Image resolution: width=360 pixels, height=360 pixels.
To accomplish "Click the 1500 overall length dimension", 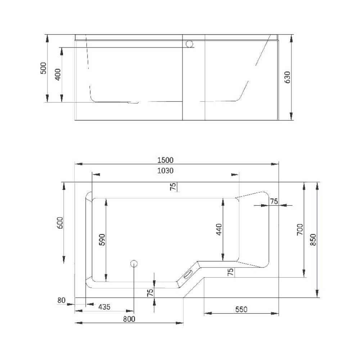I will [x=166, y=160].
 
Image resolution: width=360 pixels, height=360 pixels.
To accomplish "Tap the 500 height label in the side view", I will [x=43, y=68].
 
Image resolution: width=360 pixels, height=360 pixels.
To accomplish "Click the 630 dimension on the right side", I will [x=287, y=77].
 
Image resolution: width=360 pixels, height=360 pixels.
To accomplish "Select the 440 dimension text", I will [x=219, y=229].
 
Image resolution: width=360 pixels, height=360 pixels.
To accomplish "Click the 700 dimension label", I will [x=300, y=229].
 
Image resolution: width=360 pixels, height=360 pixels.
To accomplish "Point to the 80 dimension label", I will [x=61, y=300].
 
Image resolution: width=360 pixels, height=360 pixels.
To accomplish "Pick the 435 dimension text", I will [x=104, y=307].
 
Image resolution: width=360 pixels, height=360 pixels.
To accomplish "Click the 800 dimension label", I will [x=129, y=319].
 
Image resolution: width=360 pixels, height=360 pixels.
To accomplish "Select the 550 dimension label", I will [x=241, y=309].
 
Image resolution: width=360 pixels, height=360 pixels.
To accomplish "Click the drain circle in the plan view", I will [x=134, y=264].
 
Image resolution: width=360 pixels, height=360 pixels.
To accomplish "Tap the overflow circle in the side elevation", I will [x=190, y=44].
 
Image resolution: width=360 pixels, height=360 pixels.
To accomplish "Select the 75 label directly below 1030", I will [x=173, y=186].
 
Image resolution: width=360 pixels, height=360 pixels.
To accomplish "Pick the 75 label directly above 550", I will [x=231, y=272].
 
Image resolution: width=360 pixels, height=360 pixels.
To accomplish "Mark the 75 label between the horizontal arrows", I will [x=273, y=202].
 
